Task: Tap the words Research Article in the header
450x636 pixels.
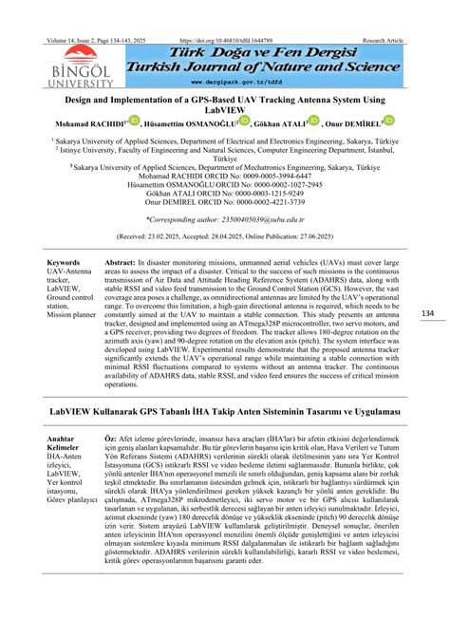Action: (x=383, y=41)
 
